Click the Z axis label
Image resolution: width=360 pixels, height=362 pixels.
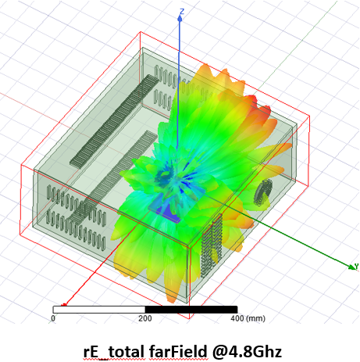(182, 12)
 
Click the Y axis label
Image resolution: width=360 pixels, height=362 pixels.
(357, 267)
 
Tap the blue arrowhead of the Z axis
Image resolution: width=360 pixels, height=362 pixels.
(180, 18)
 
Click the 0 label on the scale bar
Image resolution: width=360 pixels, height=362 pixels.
(53, 318)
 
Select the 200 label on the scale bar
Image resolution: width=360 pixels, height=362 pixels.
(145, 318)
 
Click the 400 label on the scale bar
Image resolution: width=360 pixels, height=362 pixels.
(237, 318)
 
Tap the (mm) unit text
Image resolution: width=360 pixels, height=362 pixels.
(255, 318)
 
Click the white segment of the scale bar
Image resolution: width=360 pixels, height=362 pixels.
(99, 310)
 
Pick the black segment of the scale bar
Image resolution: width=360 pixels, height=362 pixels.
(191, 310)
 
